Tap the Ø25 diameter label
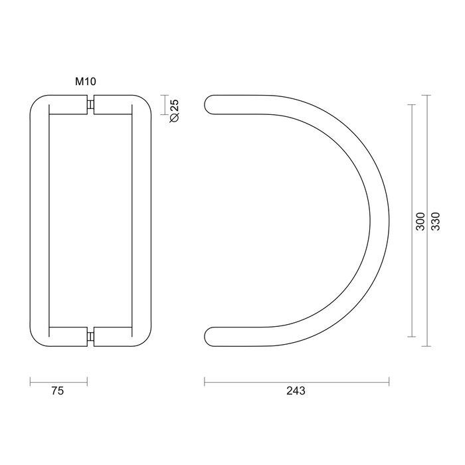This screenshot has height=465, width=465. pos(174,110)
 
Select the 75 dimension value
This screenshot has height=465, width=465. pos(58,392)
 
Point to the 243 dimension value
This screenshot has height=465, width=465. pos(296,392)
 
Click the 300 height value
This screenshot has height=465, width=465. pos(420,221)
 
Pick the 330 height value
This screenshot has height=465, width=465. pos(436,221)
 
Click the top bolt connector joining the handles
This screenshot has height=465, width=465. pos(91,106)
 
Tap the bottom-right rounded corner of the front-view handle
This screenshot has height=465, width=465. pos(144,338)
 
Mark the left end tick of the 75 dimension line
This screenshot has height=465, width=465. pos(31,381)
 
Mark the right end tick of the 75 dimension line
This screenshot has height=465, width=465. pos(88,381)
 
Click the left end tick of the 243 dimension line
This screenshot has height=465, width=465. pos(205,381)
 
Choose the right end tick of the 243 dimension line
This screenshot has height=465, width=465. pos(389,381)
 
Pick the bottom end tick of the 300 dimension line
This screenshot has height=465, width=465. pos(412,336)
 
